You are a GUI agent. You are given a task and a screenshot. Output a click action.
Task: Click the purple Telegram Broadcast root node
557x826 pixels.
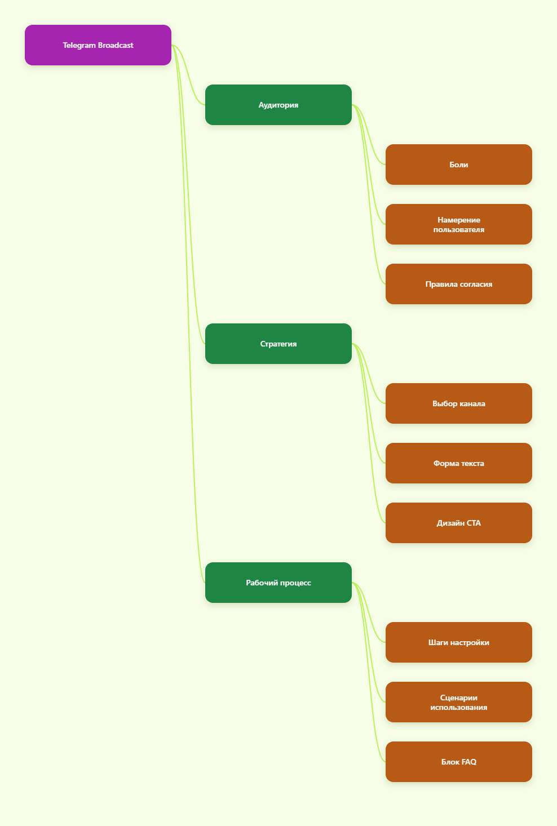(x=98, y=45)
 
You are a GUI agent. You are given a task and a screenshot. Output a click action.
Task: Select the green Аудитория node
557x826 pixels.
(x=278, y=105)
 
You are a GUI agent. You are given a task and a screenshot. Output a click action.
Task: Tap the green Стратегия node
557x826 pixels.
(x=278, y=344)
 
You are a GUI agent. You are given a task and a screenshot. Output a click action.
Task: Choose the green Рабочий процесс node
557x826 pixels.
(x=278, y=583)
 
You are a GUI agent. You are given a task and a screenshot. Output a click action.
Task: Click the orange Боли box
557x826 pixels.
(x=459, y=165)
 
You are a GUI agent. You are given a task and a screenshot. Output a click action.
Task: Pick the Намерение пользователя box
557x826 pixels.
(x=459, y=224)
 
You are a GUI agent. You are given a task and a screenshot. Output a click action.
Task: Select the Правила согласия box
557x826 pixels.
(x=459, y=284)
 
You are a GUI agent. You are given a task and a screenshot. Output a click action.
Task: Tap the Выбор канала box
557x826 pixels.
(x=459, y=403)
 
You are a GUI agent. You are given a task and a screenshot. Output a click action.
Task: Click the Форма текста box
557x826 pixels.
(x=459, y=463)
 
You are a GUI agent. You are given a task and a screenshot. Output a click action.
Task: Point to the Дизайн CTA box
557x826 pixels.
(x=459, y=523)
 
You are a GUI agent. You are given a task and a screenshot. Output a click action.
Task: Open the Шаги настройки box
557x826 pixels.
(x=459, y=642)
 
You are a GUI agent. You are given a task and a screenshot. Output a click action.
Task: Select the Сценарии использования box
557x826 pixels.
(x=459, y=702)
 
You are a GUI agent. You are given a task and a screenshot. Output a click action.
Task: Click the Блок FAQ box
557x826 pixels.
(x=459, y=762)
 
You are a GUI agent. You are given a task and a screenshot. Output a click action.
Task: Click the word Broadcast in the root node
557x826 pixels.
(x=116, y=45)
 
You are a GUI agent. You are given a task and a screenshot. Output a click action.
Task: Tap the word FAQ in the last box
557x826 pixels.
(x=469, y=762)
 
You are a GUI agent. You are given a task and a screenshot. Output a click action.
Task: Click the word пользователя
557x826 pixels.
(x=459, y=229)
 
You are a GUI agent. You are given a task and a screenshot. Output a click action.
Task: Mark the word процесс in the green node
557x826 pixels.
(x=294, y=583)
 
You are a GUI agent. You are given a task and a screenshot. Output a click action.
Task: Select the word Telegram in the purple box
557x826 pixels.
(x=79, y=45)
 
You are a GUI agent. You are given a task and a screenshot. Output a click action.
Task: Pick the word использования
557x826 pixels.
(x=459, y=707)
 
